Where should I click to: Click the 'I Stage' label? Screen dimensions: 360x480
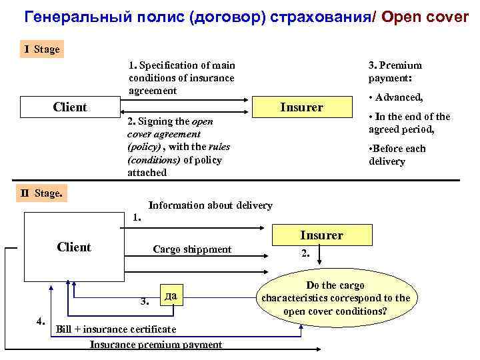pyautogui.click(x=42, y=49)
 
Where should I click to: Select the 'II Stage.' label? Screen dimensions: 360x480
pyautogui.click(x=42, y=193)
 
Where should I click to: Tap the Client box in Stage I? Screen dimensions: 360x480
pyautogui.click(x=69, y=107)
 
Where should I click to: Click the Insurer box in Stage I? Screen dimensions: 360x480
pyautogui.click(x=301, y=107)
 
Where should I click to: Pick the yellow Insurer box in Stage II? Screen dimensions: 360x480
pyautogui.click(x=321, y=235)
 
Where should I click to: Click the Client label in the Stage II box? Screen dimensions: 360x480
pyautogui.click(x=74, y=247)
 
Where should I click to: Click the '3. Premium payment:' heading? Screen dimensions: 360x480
pyautogui.click(x=395, y=71)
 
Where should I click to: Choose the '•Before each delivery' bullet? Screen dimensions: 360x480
pyautogui.click(x=397, y=155)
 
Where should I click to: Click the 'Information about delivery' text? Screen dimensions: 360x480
pyautogui.click(x=210, y=205)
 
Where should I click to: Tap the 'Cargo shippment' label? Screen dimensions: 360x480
pyautogui.click(x=192, y=249)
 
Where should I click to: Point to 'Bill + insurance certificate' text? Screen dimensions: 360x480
pyautogui.click(x=116, y=329)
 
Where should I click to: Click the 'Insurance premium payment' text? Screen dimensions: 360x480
pyautogui.click(x=156, y=344)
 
